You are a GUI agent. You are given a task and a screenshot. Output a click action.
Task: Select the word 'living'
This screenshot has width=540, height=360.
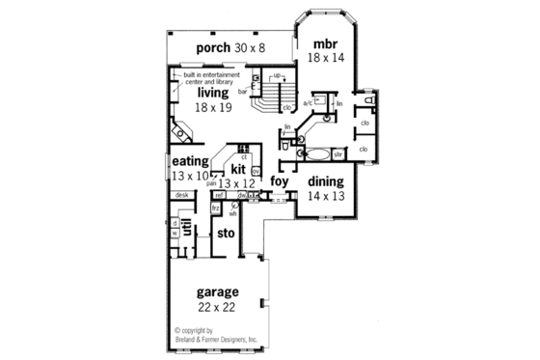click(x=213, y=93)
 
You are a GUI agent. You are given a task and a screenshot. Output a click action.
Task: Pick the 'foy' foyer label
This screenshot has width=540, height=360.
click(x=280, y=180)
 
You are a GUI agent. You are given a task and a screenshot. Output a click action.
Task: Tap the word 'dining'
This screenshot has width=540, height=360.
click(x=325, y=180)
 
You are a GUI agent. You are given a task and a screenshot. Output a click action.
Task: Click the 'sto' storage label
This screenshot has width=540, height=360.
click(x=226, y=233)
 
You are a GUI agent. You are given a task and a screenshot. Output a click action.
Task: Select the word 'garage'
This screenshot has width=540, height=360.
click(x=218, y=292)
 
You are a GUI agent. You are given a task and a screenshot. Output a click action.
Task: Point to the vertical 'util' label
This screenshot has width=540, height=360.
click(x=186, y=229)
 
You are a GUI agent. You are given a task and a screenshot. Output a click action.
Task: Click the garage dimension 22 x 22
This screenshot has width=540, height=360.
click(x=218, y=307)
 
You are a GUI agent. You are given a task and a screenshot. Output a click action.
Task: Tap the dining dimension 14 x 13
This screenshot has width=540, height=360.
click(x=325, y=196)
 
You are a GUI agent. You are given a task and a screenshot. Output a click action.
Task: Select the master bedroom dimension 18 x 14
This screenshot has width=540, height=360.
click(x=325, y=59)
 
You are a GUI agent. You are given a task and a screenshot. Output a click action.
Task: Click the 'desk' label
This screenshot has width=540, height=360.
click(x=181, y=195)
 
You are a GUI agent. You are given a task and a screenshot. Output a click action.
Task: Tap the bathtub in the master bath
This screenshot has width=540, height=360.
click(x=316, y=152)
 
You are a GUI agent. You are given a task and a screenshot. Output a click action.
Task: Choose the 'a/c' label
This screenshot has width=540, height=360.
click(x=308, y=102)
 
